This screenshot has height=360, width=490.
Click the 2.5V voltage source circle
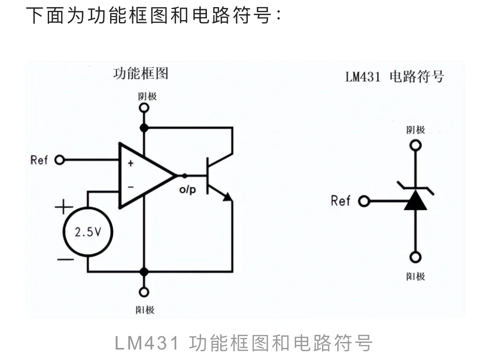[88, 232]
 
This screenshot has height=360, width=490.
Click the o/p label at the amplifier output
[187, 190]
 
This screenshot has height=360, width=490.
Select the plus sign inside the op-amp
[130, 163]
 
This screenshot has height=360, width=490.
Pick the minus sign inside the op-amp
[130, 187]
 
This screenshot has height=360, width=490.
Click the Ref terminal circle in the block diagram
[59, 160]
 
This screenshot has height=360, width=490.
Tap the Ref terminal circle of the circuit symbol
[364, 202]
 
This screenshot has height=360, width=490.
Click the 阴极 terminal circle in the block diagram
[144, 108]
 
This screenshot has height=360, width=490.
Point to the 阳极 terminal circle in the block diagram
[144, 292]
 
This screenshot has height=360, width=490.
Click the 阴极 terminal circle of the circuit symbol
[415, 145]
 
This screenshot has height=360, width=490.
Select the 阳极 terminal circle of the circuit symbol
[415, 257]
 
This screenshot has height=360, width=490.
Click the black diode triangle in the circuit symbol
[415, 201]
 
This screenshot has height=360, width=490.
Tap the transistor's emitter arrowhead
[227, 197]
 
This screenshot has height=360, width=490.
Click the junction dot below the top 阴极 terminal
[144, 128]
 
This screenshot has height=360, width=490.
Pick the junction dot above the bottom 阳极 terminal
[144, 272]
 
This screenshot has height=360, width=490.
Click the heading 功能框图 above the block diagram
[141, 74]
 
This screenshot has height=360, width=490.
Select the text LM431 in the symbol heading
[363, 77]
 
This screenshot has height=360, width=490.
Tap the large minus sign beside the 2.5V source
[65, 260]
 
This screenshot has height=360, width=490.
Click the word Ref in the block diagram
[39, 160]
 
